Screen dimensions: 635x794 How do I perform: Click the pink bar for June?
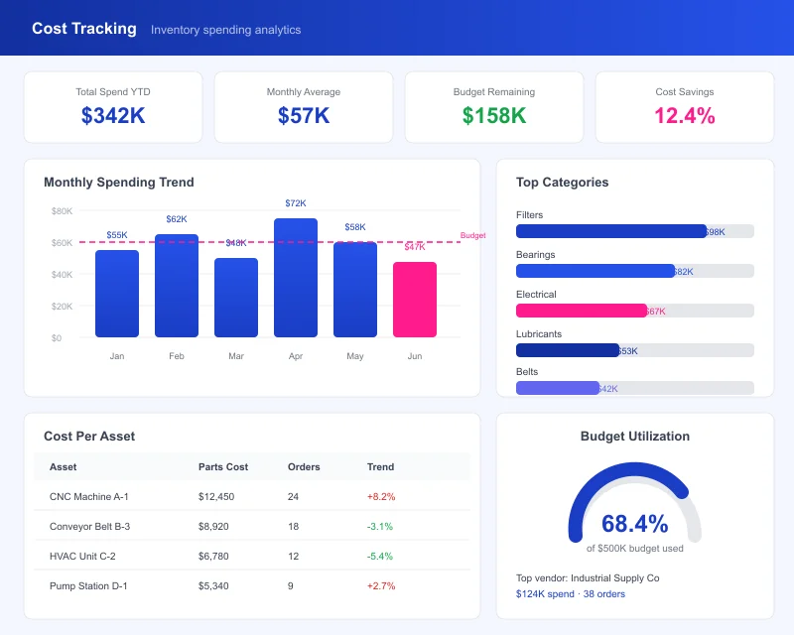[415, 300]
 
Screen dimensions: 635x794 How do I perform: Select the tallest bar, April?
[296, 278]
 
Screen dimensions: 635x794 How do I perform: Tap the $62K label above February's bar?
[177, 219]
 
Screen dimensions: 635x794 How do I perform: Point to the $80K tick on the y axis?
[62, 211]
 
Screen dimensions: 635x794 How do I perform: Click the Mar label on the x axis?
[236, 355]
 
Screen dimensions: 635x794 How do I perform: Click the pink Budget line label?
[473, 235]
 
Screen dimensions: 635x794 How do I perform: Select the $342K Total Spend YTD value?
[113, 116]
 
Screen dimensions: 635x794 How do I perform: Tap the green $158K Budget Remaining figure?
[494, 116]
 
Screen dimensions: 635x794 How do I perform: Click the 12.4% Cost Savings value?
[685, 116]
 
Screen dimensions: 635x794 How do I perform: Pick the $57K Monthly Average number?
[304, 116]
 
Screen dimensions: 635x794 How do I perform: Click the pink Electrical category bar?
[582, 311]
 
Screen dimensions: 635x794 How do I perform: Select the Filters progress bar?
[611, 231]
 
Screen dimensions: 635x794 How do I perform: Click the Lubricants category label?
[539, 334]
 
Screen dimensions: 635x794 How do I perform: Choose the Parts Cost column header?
[223, 466]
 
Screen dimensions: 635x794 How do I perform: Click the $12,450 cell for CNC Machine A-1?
[216, 496]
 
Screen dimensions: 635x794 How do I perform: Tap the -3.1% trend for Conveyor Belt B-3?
[380, 526]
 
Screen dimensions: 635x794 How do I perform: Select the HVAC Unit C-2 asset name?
[82, 556]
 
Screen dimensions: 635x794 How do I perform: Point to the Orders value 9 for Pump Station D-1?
[290, 585]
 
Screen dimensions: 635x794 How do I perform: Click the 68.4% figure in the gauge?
[635, 524]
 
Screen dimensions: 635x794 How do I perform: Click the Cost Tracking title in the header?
[84, 29]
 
